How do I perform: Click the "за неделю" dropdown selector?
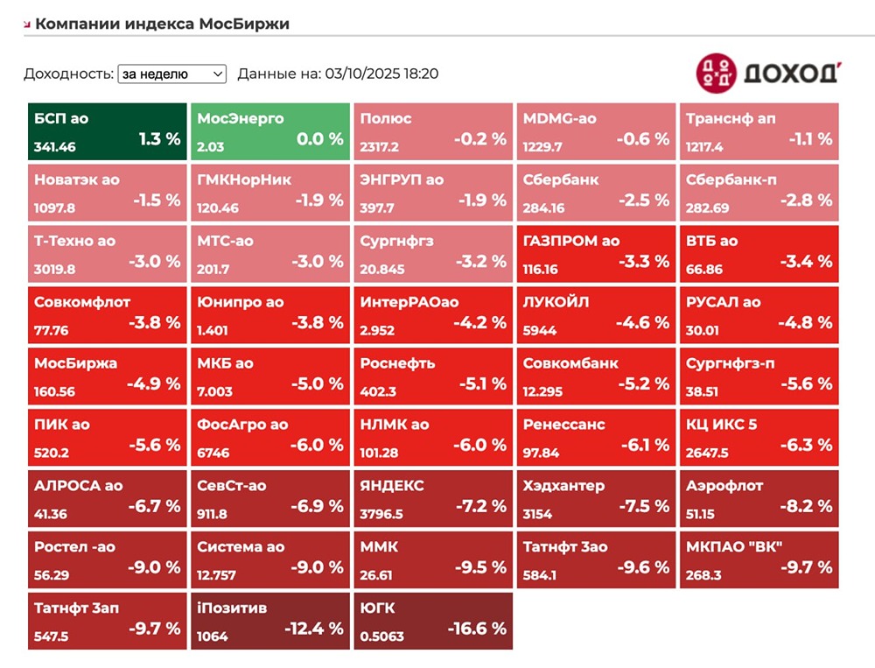tap(171, 74)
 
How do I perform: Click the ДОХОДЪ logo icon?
tap(717, 74)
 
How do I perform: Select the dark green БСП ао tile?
tap(108, 131)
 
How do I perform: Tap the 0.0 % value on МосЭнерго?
tap(320, 139)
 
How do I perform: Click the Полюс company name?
tap(386, 118)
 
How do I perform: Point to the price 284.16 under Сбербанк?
tap(544, 208)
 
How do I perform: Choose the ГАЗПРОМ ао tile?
tap(596, 254)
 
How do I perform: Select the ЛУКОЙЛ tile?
tap(596, 315)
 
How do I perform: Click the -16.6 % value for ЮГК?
tap(477, 629)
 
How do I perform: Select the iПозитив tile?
tap(270, 622)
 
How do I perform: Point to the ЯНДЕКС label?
tap(392, 486)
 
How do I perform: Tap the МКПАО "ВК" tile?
tap(759, 560)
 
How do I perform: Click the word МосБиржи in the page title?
tap(244, 24)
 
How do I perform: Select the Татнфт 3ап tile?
tap(108, 622)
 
